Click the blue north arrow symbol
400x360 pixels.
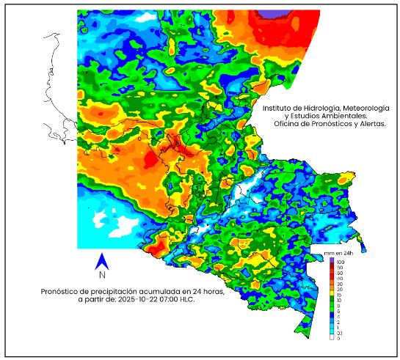(x=103, y=261)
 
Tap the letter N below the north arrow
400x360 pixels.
(x=103, y=276)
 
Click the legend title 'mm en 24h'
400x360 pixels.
(x=338, y=253)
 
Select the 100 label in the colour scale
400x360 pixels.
(x=341, y=262)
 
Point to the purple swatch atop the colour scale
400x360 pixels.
(x=332, y=262)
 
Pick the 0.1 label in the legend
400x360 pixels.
(x=341, y=332)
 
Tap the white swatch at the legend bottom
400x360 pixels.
(x=332, y=337)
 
